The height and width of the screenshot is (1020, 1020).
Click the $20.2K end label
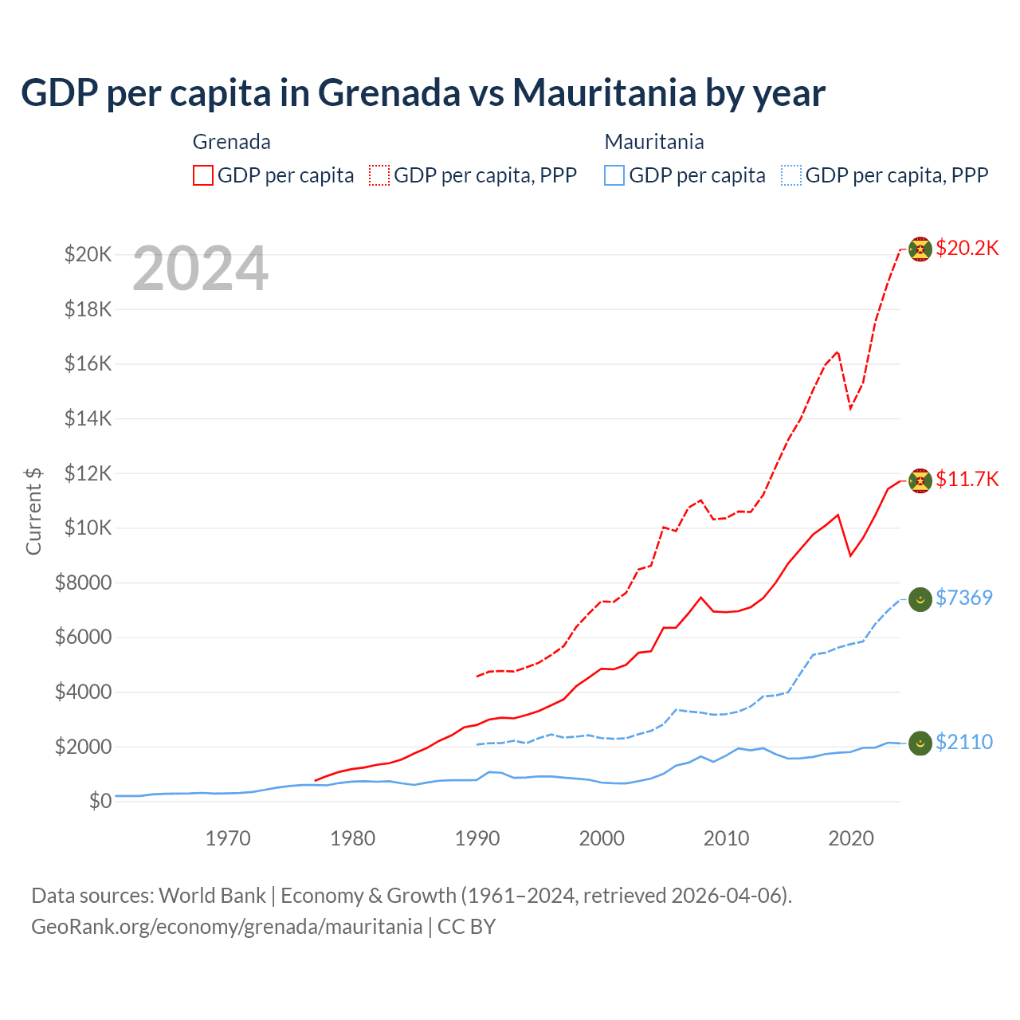pos(967,249)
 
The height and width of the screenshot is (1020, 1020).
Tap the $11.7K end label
pos(967,479)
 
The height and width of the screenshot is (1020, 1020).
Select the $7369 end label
pos(963,598)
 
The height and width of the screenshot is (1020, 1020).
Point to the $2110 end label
pos(963,742)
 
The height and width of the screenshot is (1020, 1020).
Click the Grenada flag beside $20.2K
pos(920,249)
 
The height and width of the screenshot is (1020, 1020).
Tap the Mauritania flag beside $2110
pos(920,743)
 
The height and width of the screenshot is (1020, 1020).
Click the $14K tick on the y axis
pos(88,418)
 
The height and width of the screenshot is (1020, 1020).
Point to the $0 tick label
pos(100,801)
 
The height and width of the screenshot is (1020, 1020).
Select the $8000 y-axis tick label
pos(83,583)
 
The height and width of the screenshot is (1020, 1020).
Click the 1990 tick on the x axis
pos(477,838)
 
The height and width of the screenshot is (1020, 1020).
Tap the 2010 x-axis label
pos(726,838)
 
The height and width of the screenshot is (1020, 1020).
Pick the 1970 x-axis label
pos(228,838)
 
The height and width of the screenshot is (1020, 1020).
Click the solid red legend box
pos(203,175)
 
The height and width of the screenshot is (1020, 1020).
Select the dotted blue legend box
pos(791,175)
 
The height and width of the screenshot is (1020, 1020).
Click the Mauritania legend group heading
pos(654,142)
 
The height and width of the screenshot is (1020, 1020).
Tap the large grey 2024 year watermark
pos(200,269)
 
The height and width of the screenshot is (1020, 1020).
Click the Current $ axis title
pos(33,511)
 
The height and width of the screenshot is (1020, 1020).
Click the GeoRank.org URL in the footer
pos(226,927)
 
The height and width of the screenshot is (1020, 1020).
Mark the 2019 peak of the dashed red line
pos(838,351)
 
